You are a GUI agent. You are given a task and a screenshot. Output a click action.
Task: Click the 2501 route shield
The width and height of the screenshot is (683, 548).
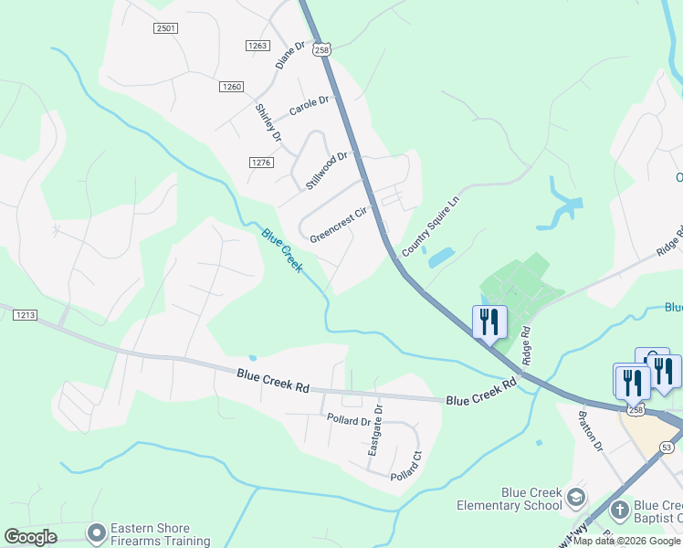click(x=165, y=28)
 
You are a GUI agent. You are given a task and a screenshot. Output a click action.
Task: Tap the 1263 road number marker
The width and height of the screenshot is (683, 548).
click(x=257, y=45)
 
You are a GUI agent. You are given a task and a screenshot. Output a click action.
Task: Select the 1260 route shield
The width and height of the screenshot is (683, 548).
click(x=231, y=87)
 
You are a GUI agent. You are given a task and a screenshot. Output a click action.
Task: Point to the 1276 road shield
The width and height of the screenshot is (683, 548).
click(x=261, y=162)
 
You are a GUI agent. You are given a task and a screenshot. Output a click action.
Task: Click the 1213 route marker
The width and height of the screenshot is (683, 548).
click(x=25, y=315)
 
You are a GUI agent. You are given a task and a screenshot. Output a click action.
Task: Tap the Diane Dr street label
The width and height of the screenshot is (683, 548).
click(x=289, y=56)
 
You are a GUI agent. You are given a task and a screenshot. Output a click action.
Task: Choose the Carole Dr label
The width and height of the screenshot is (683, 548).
click(x=308, y=106)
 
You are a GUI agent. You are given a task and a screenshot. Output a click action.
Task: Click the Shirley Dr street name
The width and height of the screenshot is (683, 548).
click(x=268, y=122)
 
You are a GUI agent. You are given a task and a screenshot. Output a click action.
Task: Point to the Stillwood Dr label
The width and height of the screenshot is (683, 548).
click(x=327, y=170)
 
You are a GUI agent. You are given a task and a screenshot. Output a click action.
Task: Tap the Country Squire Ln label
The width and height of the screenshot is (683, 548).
click(x=428, y=226)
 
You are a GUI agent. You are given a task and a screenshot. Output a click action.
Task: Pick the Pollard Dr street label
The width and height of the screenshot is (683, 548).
click(x=349, y=420)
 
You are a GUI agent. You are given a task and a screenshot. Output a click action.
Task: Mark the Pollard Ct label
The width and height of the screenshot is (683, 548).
click(x=406, y=466)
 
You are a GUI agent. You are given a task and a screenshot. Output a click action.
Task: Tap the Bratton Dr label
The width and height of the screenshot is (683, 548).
click(x=590, y=430)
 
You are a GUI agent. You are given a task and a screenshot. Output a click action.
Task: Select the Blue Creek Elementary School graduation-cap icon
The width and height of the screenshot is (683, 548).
click(x=575, y=498)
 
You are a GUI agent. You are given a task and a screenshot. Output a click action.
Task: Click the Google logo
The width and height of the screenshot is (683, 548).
click(x=31, y=537)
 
